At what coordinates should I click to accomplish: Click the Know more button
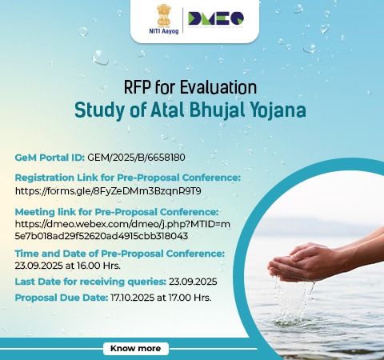tap(136, 348)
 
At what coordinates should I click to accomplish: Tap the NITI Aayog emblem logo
tap(164, 16)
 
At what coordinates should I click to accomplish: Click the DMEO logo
tap(216, 18)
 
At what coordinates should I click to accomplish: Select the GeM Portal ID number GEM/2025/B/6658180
tap(136, 158)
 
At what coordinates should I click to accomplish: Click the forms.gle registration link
tap(108, 191)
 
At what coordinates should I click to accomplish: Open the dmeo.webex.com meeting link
tap(122, 230)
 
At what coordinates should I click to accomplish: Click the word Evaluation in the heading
tap(218, 87)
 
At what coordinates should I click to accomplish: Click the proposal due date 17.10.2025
tap(132, 298)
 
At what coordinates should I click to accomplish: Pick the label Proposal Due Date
tap(62, 298)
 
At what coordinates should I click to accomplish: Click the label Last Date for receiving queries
tap(90, 282)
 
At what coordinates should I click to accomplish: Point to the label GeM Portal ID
tap(50, 158)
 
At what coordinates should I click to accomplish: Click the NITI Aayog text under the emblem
tap(164, 31)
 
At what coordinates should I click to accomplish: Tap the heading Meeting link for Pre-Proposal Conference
tap(117, 212)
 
